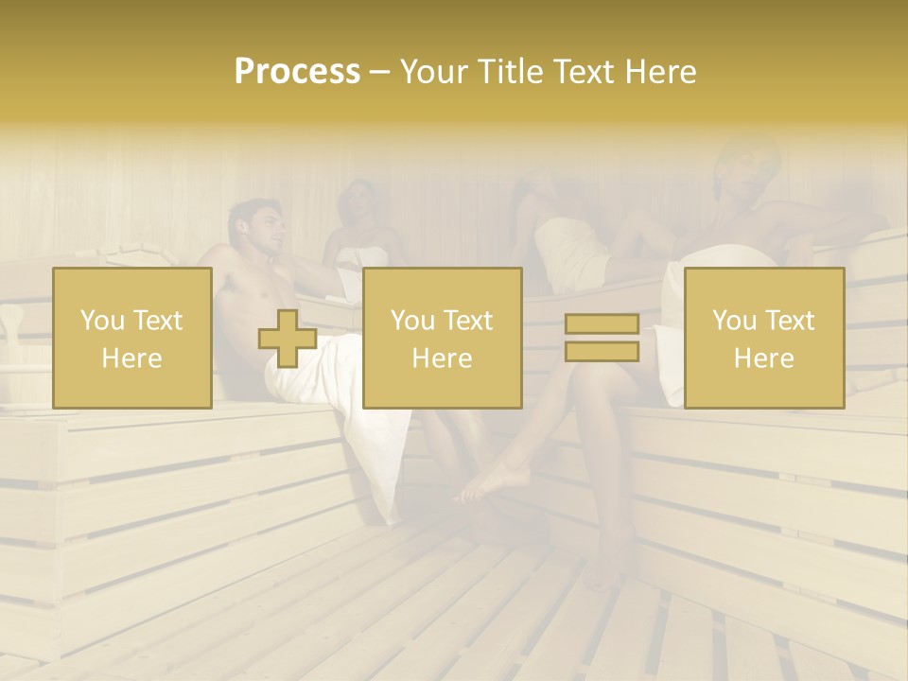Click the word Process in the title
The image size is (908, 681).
297,72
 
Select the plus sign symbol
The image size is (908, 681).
288,339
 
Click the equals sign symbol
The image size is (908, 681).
602,338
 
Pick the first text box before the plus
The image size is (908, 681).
132,338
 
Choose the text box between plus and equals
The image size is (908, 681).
442,338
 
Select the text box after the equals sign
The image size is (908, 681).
763,338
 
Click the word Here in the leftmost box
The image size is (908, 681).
131,358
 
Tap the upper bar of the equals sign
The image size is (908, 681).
602,324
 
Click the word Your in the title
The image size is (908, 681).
436,72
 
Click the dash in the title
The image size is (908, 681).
379,73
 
